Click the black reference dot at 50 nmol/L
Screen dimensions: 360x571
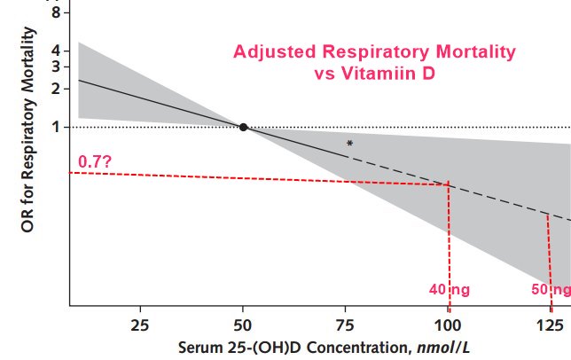(x=243, y=127)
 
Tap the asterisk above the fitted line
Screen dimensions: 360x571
(x=350, y=143)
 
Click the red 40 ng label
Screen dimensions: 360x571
(x=450, y=289)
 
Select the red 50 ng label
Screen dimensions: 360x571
(x=551, y=289)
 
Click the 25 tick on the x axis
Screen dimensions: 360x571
(x=140, y=323)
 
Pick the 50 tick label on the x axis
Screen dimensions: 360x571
(x=243, y=323)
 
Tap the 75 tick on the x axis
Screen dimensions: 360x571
(x=347, y=323)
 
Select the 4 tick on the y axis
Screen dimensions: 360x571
(x=56, y=51)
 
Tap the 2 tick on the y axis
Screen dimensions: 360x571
(x=56, y=88)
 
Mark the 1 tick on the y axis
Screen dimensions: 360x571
(x=56, y=127)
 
